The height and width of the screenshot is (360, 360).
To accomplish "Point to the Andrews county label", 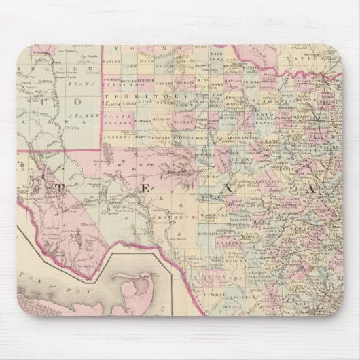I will point(120,135).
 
